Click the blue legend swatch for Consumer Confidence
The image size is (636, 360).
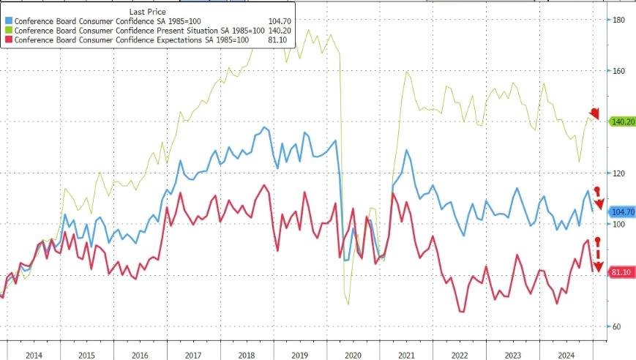click(x=10, y=20)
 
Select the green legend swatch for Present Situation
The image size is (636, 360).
click(x=10, y=30)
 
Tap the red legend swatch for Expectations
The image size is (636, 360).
click(x=10, y=40)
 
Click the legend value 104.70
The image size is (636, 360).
click(x=277, y=20)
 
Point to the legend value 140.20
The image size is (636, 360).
click(x=277, y=30)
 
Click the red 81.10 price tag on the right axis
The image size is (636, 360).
click(x=621, y=272)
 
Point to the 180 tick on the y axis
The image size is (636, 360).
click(x=618, y=20)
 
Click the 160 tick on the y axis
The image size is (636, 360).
click(x=618, y=71)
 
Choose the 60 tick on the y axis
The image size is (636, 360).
click(x=617, y=326)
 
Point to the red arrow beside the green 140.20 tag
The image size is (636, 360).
click(x=594, y=113)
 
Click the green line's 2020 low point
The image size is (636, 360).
click(x=348, y=304)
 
